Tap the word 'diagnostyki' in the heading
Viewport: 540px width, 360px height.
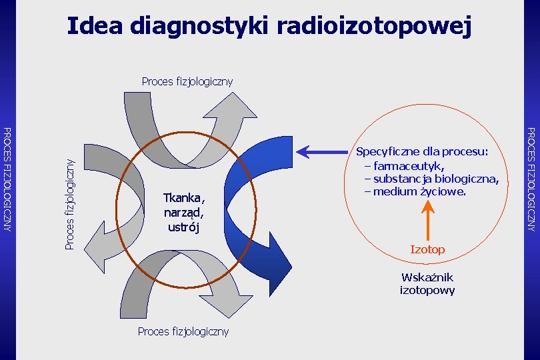click(199, 27)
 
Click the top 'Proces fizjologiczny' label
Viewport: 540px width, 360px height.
click(187, 82)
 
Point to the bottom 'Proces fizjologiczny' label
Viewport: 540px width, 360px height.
click(183, 331)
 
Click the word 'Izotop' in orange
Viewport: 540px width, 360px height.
click(427, 249)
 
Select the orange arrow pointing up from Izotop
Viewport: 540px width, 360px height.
click(427, 221)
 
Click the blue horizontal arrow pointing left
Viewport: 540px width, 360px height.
click(324, 152)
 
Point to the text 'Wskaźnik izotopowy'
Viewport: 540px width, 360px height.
click(427, 283)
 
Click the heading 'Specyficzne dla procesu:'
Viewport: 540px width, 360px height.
click(423, 152)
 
